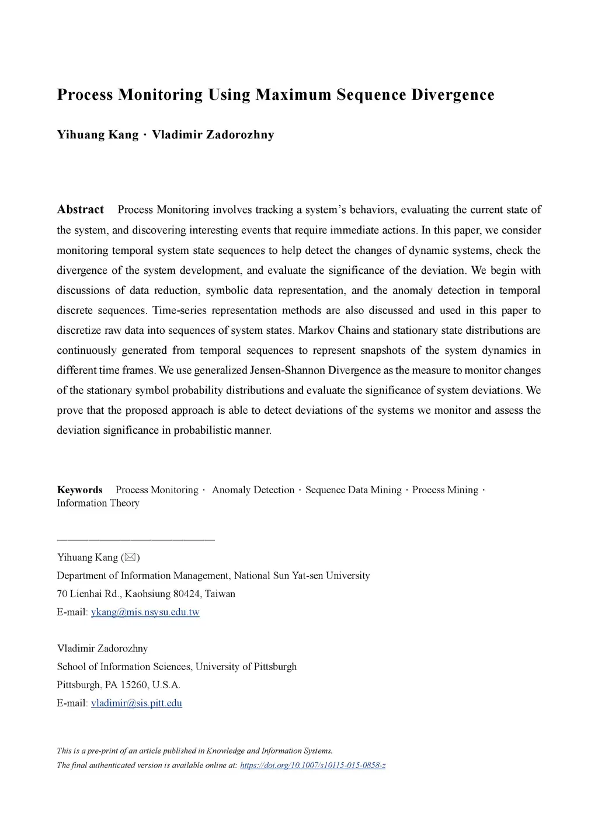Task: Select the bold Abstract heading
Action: click(80, 210)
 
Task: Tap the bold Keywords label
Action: click(79, 490)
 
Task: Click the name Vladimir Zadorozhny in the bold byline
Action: click(213, 135)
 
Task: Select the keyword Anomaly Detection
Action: click(253, 490)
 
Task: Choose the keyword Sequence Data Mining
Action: click(353, 490)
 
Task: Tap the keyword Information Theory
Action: click(98, 503)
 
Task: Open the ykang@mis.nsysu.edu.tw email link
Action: click(145, 612)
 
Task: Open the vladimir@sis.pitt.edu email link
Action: click(136, 703)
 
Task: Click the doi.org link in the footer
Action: click(312, 765)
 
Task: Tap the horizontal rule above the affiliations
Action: click(135, 539)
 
